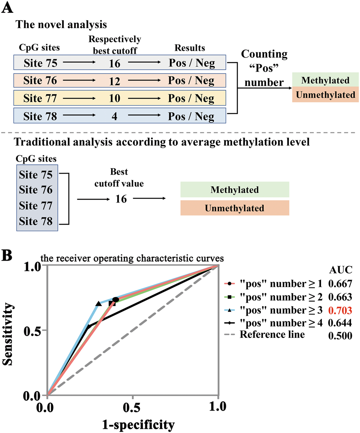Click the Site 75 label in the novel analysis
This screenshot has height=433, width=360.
[41, 63]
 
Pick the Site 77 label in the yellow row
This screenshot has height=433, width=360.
[41, 98]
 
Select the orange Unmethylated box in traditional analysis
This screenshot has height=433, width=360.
[235, 208]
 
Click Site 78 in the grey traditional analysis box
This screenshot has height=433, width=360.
[37, 221]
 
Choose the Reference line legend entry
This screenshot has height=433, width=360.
[272, 335]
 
